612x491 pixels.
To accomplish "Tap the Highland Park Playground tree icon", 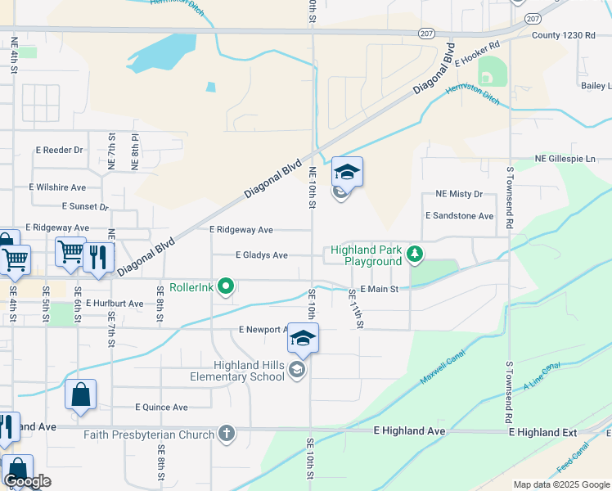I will [x=416, y=255].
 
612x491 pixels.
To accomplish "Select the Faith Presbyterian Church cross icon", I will [x=227, y=435].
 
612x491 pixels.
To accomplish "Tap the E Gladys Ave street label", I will [x=261, y=255].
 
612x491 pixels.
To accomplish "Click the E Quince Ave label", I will [x=161, y=407].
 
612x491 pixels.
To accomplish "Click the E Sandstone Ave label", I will [x=459, y=216].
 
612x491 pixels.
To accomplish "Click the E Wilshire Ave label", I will [x=57, y=187].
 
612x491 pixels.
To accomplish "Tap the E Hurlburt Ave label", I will [x=114, y=303].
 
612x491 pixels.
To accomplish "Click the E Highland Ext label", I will [x=542, y=431].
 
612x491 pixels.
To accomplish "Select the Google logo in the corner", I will [x=27, y=481].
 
